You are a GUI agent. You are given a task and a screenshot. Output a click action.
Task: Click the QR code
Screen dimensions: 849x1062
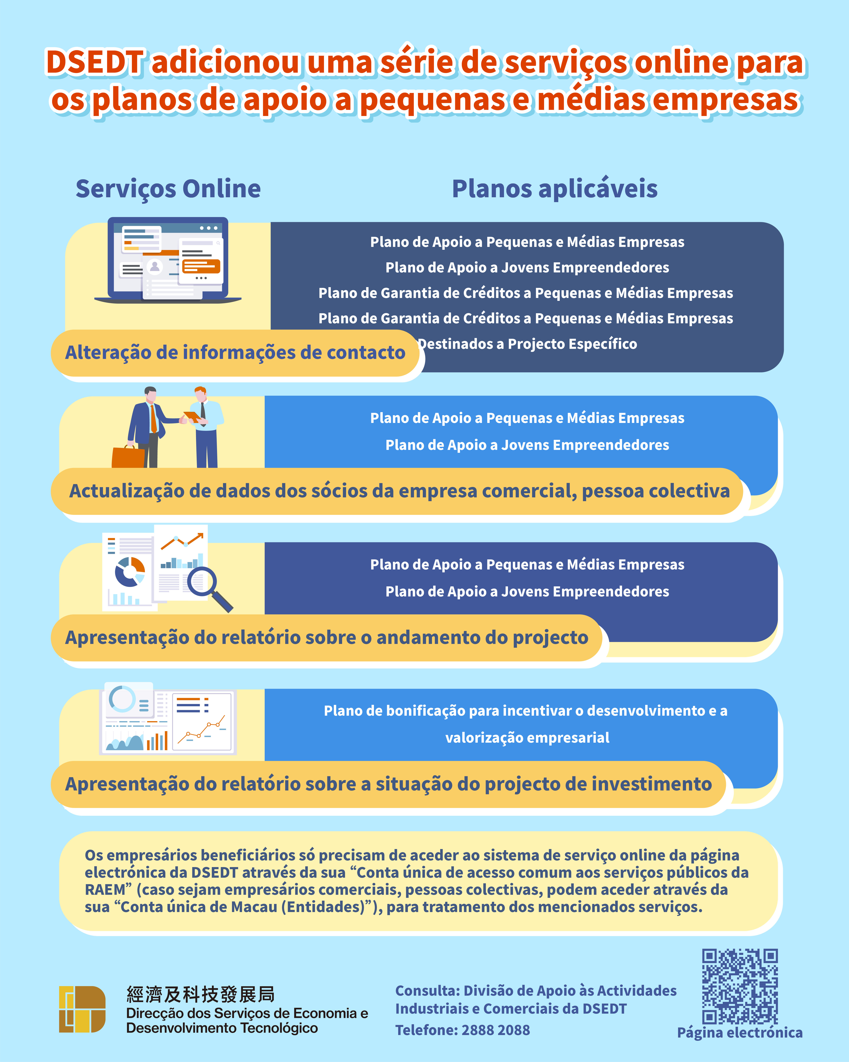point(740,987)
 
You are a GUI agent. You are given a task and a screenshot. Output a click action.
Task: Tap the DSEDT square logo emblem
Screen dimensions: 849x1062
point(82,1009)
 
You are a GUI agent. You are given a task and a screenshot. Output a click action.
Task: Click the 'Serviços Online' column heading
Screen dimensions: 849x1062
point(168,189)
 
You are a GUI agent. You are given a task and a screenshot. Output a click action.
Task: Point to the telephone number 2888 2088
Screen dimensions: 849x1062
point(496,1030)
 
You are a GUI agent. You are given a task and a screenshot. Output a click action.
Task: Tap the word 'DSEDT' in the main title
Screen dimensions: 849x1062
point(95,63)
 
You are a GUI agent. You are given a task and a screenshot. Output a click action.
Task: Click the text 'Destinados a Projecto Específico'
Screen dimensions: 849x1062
point(527,344)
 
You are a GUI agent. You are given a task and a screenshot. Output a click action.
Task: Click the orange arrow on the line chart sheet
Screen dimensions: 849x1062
point(182,541)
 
